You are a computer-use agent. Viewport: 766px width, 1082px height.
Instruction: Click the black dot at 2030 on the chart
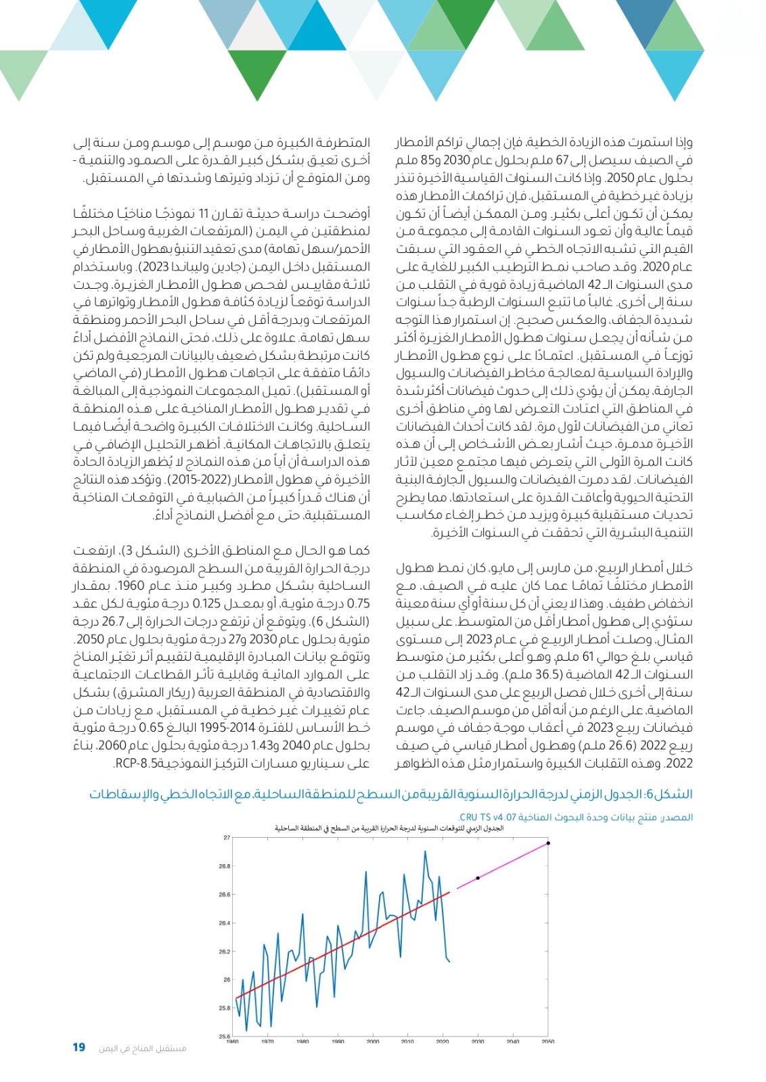click(x=478, y=878)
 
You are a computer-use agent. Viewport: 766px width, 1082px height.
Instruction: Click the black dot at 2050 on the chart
click(x=548, y=843)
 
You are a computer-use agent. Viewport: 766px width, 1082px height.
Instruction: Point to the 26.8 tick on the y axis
click(x=225, y=866)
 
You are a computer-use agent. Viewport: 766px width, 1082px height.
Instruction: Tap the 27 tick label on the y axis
click(x=227, y=838)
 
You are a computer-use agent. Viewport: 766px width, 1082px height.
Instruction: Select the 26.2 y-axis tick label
click(x=225, y=951)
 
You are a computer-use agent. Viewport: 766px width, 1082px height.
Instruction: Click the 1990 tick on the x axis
click(x=338, y=1041)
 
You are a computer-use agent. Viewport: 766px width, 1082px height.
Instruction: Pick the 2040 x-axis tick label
click(x=513, y=1041)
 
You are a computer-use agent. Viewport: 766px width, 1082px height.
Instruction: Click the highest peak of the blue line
click(x=425, y=851)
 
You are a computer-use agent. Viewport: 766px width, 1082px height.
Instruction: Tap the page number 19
click(x=78, y=1048)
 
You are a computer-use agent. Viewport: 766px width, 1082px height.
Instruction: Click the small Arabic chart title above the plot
click(x=389, y=828)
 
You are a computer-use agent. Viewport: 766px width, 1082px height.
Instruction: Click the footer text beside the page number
click(x=142, y=1048)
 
